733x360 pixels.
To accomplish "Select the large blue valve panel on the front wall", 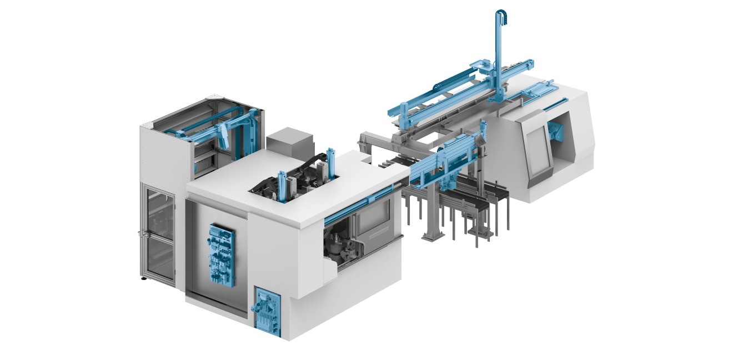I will tap(220, 254).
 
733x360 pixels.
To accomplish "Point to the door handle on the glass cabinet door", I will tap(139, 234).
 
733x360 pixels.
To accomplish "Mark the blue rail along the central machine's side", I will tap(361, 199).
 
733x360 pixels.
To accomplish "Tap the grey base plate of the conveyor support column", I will tap(431, 237).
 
